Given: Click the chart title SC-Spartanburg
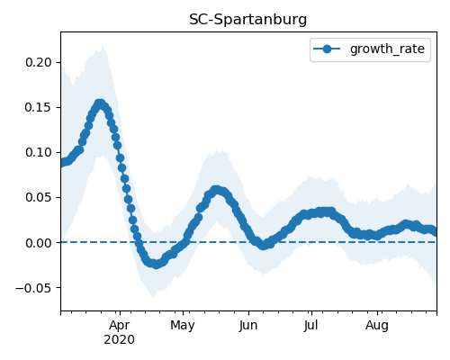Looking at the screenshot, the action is coord(248,20).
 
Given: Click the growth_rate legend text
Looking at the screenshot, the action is coord(387,49).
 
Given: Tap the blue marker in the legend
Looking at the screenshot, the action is coord(327,49).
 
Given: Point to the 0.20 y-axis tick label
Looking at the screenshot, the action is coord(39,62).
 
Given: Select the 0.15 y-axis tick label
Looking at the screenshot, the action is coord(39,107).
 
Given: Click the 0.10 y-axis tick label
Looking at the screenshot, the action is coord(39,152).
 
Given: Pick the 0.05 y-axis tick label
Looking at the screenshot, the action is coord(39,197).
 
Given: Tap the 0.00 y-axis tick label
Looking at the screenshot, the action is coord(39,243).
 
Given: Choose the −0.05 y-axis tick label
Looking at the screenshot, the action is coord(33,288).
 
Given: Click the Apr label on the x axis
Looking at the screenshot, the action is coord(120,325).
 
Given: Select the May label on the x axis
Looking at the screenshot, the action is coord(183,325).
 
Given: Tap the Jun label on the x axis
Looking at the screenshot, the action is coord(248,325).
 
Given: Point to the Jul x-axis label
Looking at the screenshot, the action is coord(310,325).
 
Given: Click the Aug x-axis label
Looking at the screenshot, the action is coord(377,325).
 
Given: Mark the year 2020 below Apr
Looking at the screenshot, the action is coord(120,340).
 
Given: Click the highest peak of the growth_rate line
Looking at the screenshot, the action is coord(100,103).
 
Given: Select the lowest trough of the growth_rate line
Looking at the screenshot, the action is coord(156,265).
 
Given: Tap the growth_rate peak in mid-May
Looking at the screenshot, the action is coord(216,190).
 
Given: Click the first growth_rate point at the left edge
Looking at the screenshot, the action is coord(61,163).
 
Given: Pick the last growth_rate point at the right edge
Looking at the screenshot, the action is coord(435,231).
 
